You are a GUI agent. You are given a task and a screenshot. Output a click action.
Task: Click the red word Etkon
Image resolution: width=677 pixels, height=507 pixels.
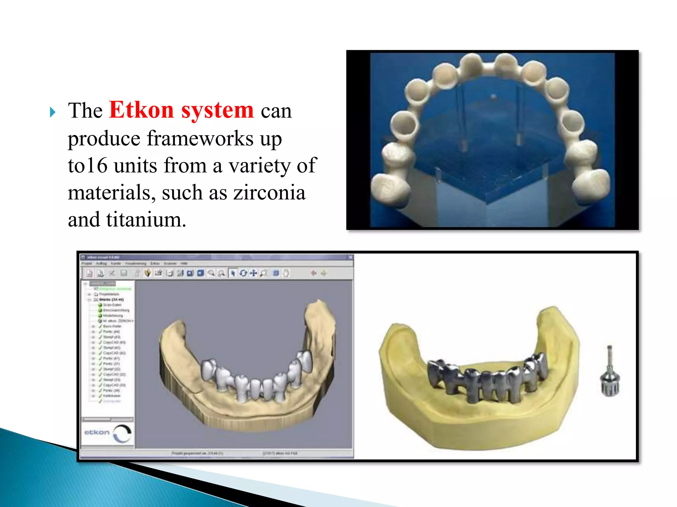click(141, 110)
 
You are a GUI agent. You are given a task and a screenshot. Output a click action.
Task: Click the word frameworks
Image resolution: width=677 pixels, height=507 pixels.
click(200, 138)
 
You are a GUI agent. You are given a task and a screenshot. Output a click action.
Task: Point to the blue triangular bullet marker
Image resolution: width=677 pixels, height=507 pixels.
click(53, 112)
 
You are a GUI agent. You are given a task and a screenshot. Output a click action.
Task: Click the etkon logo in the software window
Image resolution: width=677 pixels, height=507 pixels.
click(107, 433)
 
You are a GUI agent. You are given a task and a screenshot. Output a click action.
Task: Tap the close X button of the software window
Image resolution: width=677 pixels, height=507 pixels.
click(350, 257)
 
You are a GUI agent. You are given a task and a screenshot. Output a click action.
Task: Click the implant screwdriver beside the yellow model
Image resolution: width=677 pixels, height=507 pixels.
click(610, 373)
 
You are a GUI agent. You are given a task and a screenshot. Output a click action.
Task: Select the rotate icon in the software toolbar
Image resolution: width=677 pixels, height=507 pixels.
click(243, 273)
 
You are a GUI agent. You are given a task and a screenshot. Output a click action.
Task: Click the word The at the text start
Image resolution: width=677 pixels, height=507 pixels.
click(85, 111)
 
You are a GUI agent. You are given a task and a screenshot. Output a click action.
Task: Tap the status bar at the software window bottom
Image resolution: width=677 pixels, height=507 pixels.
click(217, 454)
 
